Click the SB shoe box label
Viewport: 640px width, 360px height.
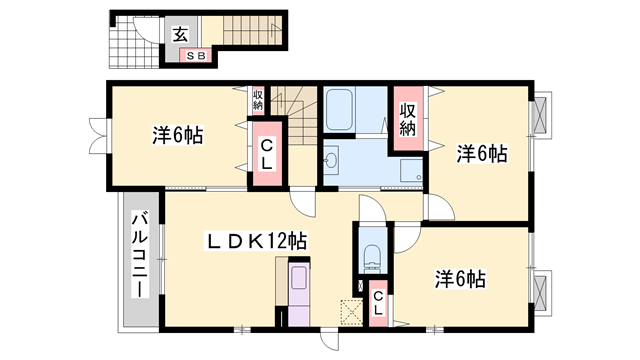click(196, 56)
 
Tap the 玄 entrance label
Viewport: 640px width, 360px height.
click(180, 35)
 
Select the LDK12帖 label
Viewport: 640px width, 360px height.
click(256, 242)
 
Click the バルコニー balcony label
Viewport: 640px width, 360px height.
click(140, 254)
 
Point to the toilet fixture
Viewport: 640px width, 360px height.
click(372, 258)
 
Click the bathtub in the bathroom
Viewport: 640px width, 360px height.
click(339, 109)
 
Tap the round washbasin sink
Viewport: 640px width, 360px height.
click(331, 160)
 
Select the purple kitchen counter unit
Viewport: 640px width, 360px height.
click(299, 294)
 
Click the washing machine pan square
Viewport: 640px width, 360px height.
click(411, 171)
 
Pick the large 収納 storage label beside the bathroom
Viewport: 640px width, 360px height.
click(408, 120)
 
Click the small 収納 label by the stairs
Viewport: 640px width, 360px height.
click(258, 100)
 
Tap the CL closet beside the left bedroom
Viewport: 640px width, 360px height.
click(267, 154)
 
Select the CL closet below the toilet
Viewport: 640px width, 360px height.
click(378, 303)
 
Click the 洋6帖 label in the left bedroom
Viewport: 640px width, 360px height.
click(178, 136)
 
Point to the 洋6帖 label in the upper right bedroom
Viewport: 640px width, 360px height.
click(482, 154)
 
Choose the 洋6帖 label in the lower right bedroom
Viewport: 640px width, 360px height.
click(460, 279)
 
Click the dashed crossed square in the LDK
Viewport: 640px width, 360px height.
click(351, 312)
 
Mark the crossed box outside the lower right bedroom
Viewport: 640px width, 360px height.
click(540, 292)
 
